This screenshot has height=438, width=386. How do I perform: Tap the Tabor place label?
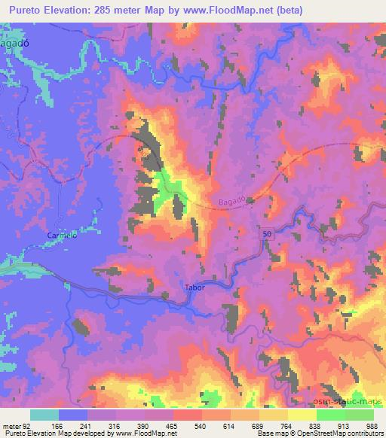click(x=195, y=287)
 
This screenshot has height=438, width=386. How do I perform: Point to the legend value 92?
click(x=30, y=425)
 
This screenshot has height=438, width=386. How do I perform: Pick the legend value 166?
click(x=59, y=425)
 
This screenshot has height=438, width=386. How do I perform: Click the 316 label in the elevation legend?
click(x=116, y=425)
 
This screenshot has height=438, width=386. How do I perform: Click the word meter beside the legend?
click(x=11, y=425)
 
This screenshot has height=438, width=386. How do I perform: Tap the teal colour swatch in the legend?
click(x=44, y=415)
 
